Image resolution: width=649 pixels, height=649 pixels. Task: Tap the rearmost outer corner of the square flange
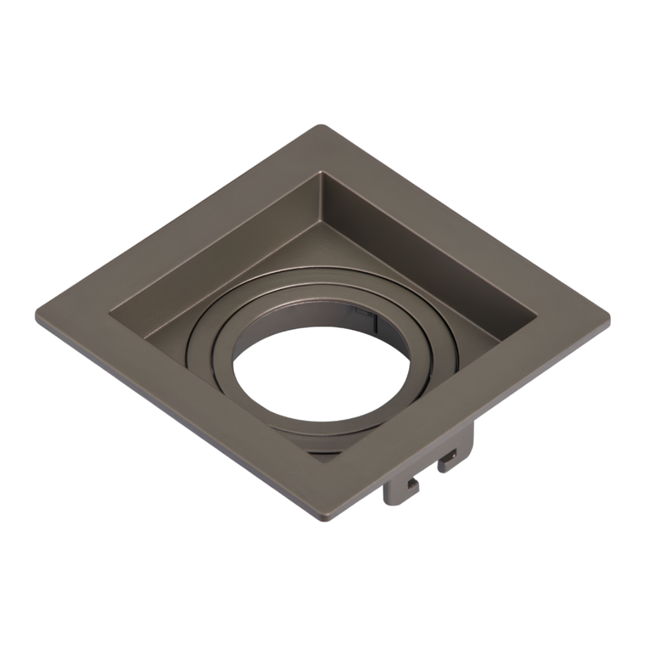point(321,127)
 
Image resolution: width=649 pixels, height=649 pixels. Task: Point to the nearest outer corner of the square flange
point(324,518)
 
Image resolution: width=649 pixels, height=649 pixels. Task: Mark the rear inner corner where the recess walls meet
point(321,173)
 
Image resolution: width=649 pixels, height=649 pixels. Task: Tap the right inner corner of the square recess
point(535,314)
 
